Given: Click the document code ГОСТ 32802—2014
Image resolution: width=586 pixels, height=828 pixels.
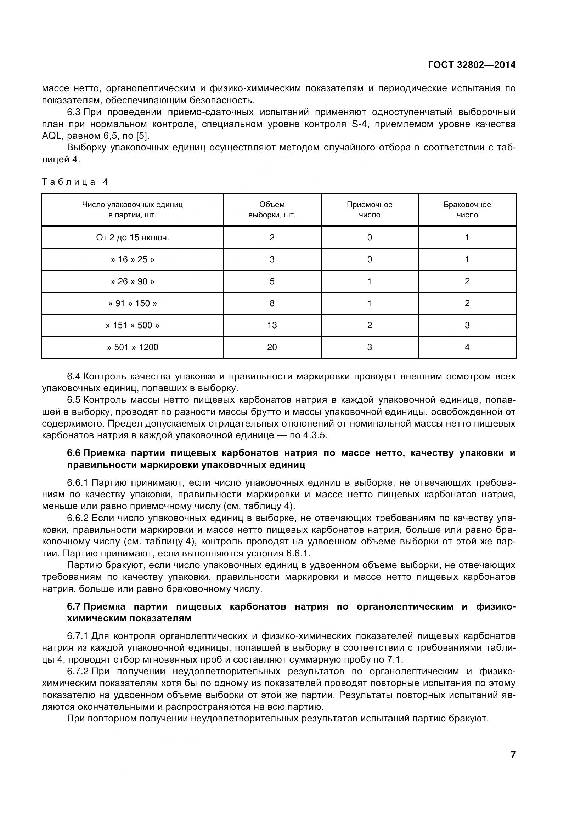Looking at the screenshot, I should [x=471, y=65].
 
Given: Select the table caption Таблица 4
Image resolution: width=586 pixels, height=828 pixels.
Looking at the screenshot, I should [x=75, y=182].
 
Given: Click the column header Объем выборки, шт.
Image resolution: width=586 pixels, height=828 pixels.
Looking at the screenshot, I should [x=272, y=210].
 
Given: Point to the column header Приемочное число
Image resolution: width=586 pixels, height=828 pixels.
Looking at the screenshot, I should [x=370, y=210].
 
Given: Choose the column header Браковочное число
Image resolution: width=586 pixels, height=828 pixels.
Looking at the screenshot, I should [x=467, y=210].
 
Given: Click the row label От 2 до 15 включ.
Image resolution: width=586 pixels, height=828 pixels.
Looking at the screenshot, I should [x=133, y=238].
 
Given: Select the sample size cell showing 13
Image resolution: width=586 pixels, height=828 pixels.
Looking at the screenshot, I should [x=272, y=325].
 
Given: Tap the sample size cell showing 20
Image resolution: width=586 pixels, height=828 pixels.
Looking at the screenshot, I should [x=272, y=347].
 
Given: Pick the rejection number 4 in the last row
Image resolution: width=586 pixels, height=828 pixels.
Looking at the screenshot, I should [x=467, y=347].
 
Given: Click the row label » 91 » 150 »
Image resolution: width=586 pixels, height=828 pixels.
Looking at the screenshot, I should [x=133, y=303].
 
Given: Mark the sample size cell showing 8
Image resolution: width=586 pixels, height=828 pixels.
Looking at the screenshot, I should [x=272, y=303].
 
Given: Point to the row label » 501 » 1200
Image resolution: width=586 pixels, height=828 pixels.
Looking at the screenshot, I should [x=133, y=347].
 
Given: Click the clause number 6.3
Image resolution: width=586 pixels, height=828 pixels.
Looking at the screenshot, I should [x=74, y=112].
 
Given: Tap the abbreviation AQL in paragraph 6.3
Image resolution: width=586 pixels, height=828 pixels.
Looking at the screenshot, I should [x=53, y=136].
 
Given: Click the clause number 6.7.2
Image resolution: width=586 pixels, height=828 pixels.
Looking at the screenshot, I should [x=78, y=671].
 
